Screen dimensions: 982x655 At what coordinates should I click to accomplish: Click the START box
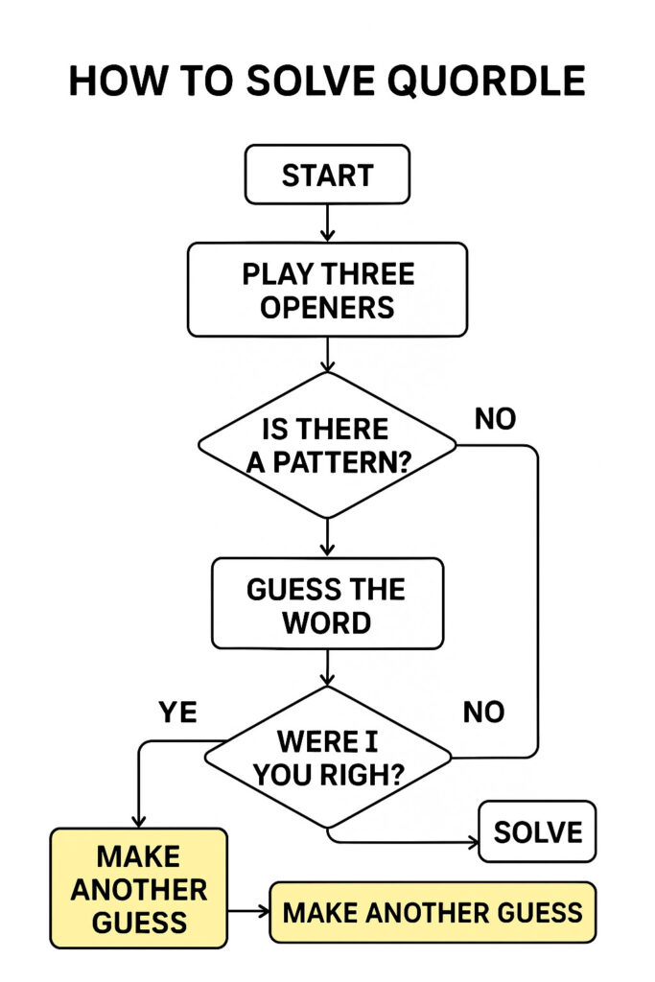click(327, 175)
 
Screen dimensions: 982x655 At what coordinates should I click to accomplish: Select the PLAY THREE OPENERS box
click(327, 290)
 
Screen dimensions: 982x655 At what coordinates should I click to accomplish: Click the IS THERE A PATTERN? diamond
click(327, 445)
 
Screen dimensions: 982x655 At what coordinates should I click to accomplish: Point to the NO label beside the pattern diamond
click(494, 419)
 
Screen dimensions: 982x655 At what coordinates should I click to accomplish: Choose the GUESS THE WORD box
click(327, 605)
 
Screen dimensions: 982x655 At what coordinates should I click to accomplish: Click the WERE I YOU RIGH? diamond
click(327, 758)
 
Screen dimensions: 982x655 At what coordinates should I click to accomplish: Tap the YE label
click(176, 712)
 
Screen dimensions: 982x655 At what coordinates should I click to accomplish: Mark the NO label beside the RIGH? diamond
click(483, 712)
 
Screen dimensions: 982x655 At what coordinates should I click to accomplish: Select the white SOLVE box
click(537, 831)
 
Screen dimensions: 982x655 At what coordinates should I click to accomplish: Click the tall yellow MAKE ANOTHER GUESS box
click(138, 888)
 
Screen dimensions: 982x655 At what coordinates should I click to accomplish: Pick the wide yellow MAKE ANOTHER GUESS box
click(433, 911)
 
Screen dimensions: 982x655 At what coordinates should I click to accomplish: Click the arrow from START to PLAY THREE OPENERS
click(327, 222)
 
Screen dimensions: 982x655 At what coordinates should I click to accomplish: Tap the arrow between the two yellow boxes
click(249, 911)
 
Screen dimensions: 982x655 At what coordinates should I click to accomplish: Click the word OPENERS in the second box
click(327, 307)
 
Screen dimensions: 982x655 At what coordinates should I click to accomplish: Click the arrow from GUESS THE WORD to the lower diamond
click(327, 667)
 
